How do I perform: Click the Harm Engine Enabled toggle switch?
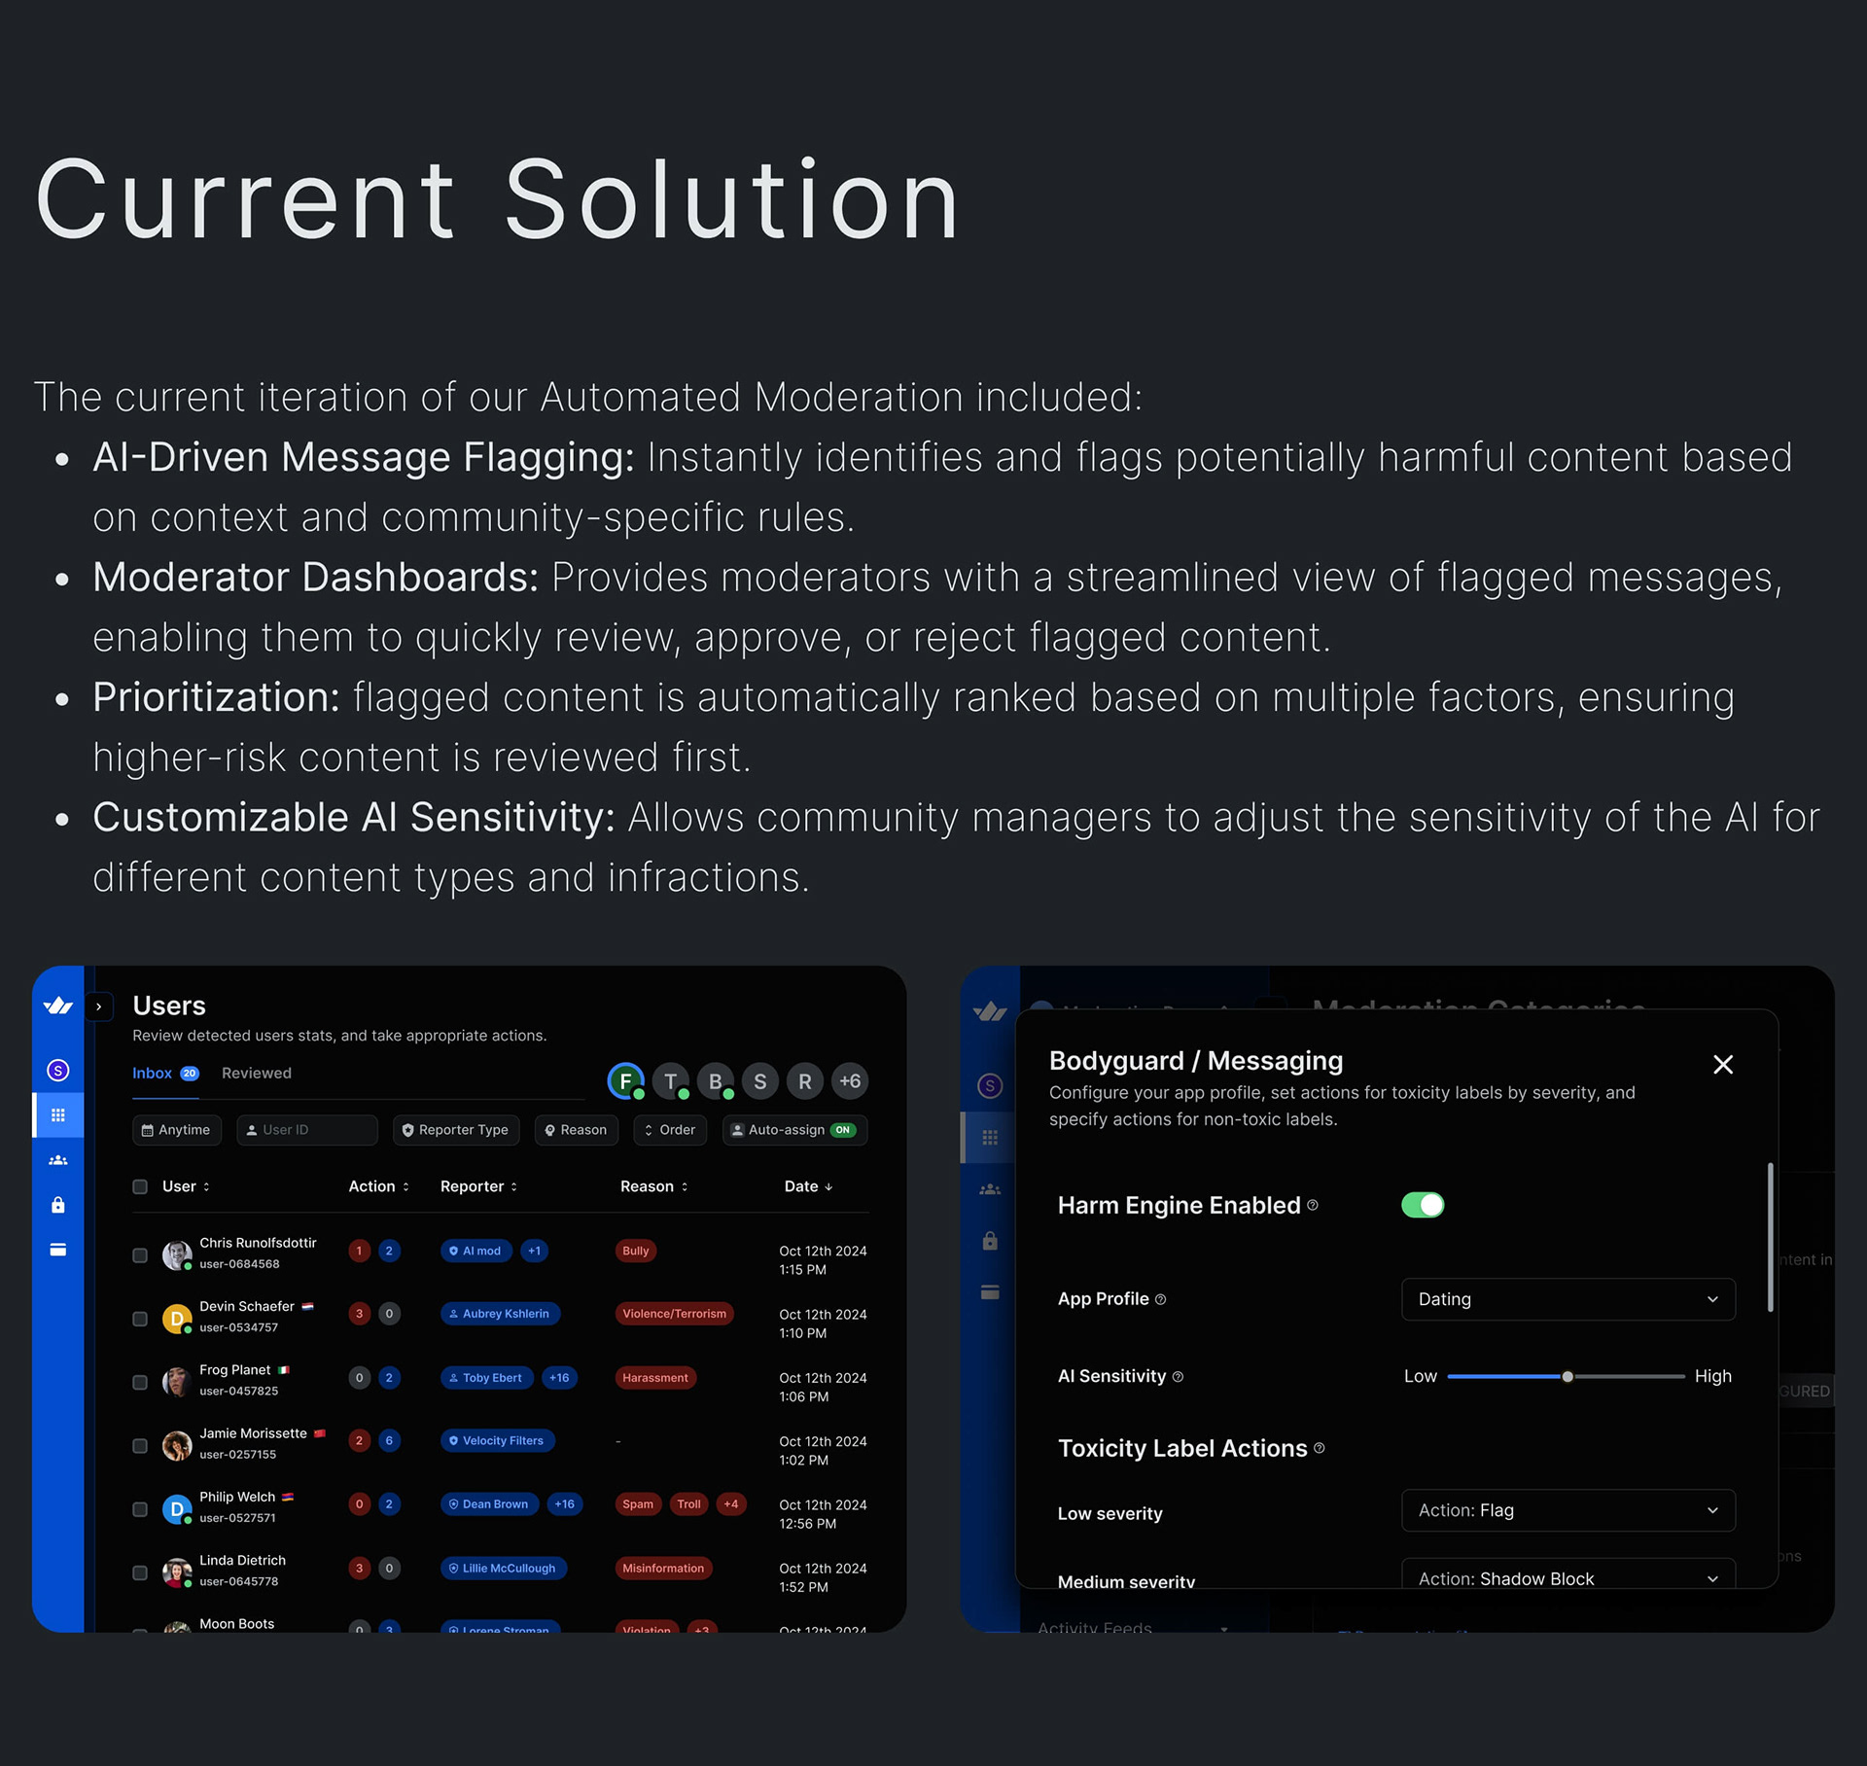1422,1205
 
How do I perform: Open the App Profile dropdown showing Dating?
1568,1299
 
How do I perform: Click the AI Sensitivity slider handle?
1568,1376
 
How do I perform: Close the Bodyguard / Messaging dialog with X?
1722,1065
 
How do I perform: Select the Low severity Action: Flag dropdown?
1568,1510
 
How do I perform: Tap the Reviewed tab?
256,1073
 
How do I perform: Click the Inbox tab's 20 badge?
190,1074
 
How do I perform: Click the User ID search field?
307,1130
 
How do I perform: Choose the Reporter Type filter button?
455,1130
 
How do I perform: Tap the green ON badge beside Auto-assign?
843,1130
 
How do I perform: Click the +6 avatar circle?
849,1081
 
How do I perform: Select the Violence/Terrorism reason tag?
674,1314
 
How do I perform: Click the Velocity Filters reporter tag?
497,1440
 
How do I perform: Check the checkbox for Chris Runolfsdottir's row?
140,1255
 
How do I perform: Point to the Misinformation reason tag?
663,1568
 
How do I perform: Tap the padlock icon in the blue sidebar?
58,1205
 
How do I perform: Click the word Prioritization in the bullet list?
216,697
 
